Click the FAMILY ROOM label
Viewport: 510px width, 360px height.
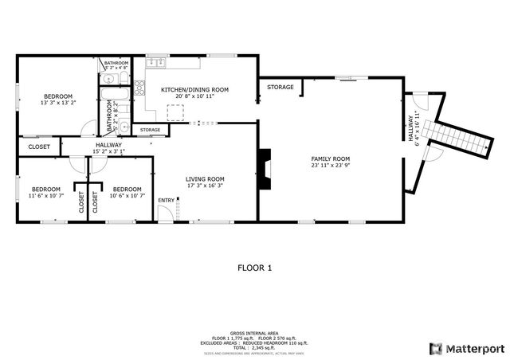coord(330,159)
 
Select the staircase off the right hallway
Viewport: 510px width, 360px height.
coord(459,139)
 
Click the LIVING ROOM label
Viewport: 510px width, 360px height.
coord(205,179)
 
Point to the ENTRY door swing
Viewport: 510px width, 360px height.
coord(164,213)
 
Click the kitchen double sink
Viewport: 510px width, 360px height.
coord(156,61)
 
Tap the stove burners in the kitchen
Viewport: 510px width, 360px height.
coord(139,88)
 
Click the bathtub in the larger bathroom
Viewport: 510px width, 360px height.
coord(108,100)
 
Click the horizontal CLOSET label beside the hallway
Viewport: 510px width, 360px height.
coord(39,147)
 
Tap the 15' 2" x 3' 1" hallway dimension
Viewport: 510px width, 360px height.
coord(108,151)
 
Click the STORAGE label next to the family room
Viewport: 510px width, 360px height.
coord(280,87)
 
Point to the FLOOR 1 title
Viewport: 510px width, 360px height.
coord(255,268)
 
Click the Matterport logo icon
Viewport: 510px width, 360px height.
coord(435,348)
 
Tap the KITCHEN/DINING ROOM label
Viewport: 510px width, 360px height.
coord(194,90)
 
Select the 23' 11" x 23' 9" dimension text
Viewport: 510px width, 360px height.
coord(330,166)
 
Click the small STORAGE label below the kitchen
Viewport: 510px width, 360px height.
coord(150,130)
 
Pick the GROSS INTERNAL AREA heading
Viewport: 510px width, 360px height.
coord(254,332)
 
